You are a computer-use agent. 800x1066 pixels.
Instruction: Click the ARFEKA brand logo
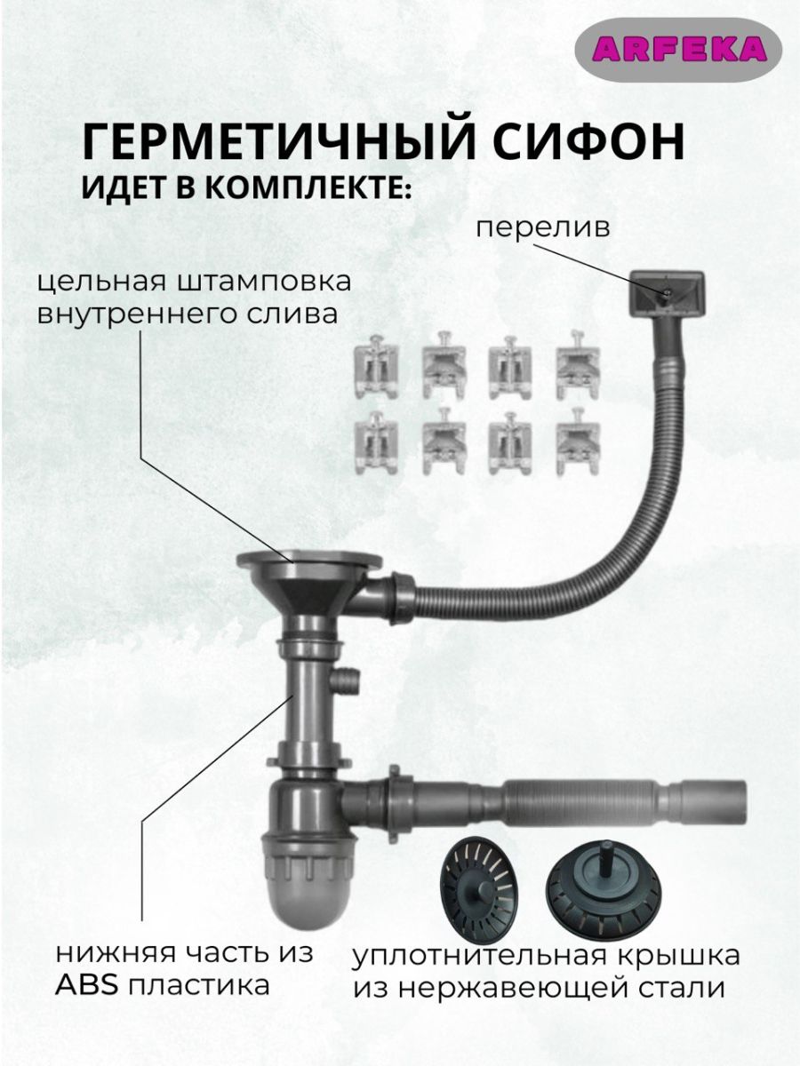point(679,50)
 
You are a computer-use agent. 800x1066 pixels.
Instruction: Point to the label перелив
point(543,227)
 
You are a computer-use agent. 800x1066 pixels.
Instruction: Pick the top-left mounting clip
point(376,367)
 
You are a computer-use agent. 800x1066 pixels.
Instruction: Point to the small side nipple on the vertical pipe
point(347,681)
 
